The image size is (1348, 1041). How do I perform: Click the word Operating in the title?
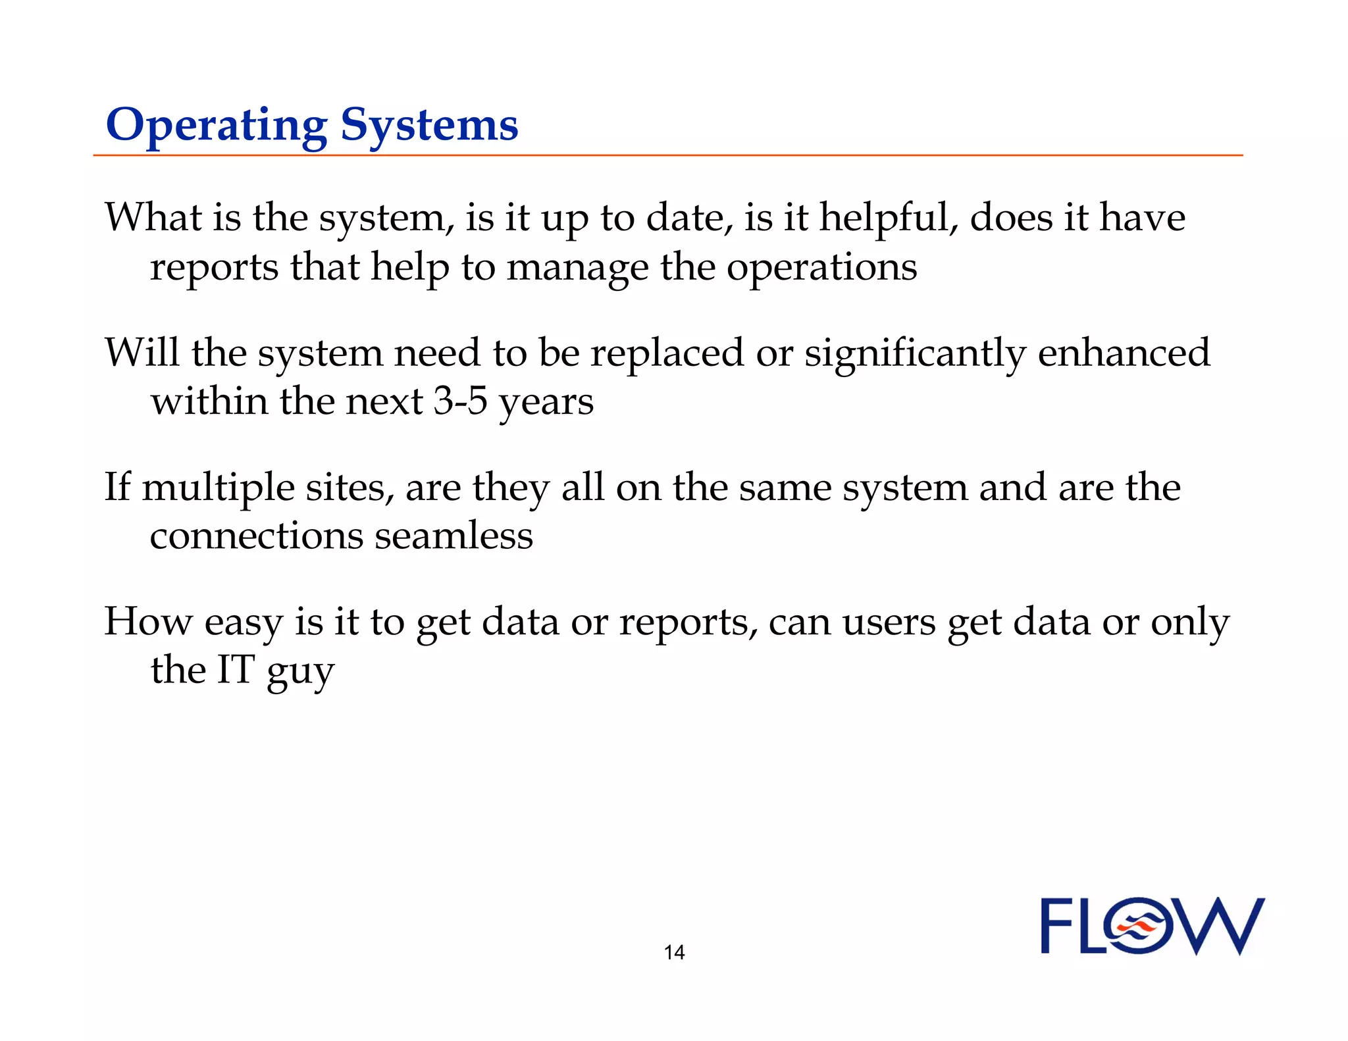coord(216,126)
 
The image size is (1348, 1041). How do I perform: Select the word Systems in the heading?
coord(429,126)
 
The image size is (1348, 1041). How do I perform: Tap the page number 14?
coord(674,952)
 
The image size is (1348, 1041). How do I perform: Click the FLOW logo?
coord(1152,927)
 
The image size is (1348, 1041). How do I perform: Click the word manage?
coord(577,268)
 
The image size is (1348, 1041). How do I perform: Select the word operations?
coord(821,268)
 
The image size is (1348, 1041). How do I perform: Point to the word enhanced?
coord(1124,353)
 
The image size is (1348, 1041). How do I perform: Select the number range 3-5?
coord(460,401)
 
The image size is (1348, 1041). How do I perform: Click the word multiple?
coord(218,488)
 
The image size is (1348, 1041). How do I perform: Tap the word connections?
coord(256,536)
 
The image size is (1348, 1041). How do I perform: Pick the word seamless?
coord(454,536)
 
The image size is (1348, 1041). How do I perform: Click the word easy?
coord(243,622)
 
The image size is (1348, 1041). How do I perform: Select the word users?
coord(889,622)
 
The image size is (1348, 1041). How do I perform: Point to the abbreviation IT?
coord(236,670)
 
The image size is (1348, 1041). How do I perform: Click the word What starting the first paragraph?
coord(153,218)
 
